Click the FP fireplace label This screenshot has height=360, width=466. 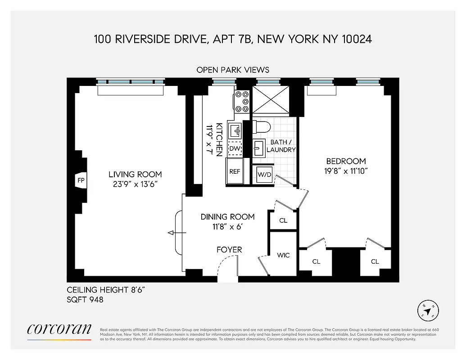81,181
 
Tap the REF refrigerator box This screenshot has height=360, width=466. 235,171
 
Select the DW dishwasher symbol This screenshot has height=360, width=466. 235,148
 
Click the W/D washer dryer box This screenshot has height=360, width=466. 264,175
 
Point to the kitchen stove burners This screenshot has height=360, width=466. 242,101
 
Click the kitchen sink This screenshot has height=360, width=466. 235,131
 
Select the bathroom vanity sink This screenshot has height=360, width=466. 259,147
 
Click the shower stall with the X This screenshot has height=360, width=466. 270,99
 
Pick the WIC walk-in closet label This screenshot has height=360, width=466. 283,255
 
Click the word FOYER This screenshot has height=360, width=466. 229,249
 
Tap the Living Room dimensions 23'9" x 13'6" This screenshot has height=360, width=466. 135,184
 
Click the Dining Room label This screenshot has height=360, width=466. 227,217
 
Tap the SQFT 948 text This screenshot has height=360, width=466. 85,299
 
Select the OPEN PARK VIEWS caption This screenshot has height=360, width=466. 233,70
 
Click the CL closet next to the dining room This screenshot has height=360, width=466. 283,220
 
